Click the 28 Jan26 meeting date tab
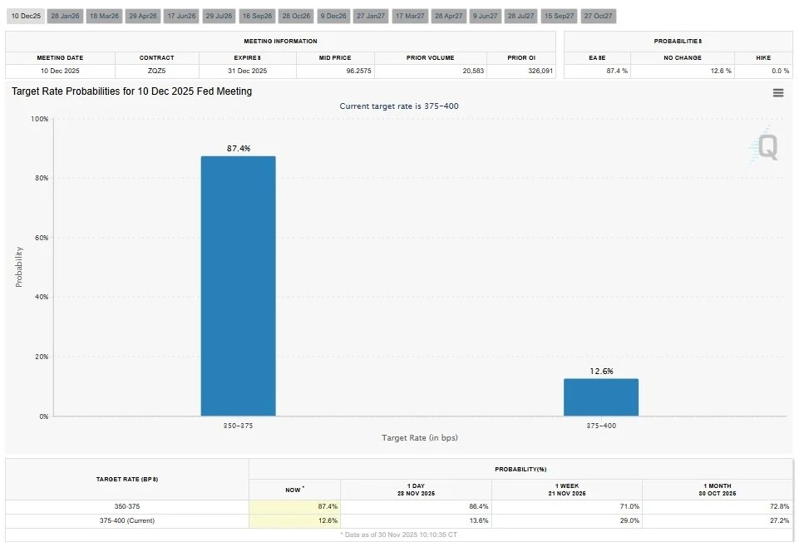point(64,16)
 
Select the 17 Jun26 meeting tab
point(181,16)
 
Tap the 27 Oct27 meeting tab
point(598,16)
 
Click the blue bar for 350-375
point(238,286)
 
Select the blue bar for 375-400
point(601,397)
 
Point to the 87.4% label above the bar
point(239,148)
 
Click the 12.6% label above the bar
point(601,371)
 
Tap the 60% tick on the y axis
point(40,238)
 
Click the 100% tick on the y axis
point(38,119)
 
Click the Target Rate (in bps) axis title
point(420,437)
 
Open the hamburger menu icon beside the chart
point(778,93)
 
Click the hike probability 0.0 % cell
point(762,71)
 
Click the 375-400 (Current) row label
point(126,520)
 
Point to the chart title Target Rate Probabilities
point(131,91)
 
